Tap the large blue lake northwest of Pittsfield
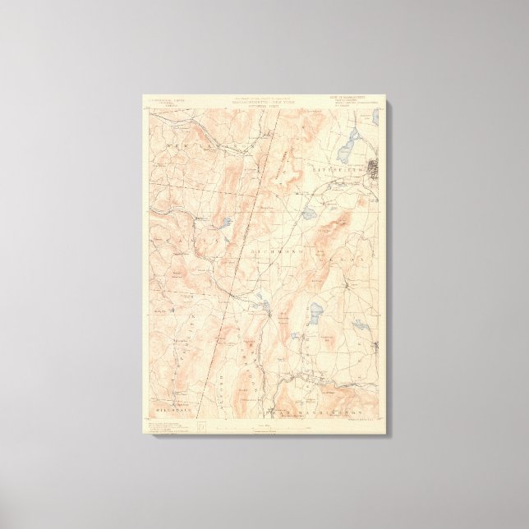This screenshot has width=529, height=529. (x=347, y=149)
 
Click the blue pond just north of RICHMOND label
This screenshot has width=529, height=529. (x=309, y=214)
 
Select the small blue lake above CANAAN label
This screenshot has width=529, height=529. (x=225, y=222)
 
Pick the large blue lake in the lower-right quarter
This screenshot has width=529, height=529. (x=316, y=311)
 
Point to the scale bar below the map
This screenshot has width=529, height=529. (x=264, y=427)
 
